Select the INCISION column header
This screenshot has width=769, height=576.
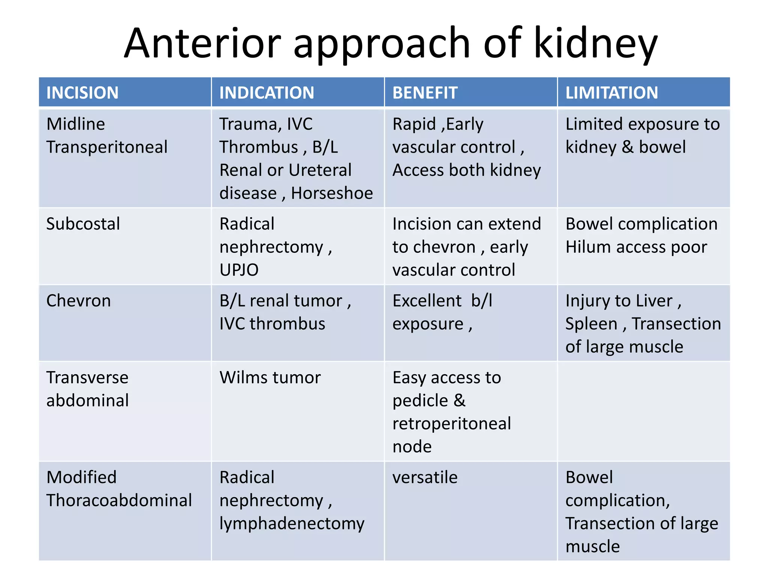click(x=82, y=93)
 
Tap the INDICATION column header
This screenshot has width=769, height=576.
click(x=267, y=93)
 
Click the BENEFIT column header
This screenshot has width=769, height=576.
click(x=425, y=93)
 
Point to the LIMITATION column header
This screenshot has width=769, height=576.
click(x=612, y=93)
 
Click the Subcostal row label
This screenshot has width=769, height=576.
click(x=83, y=224)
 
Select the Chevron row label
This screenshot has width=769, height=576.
click(x=78, y=301)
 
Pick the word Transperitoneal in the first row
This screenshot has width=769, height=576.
click(x=107, y=147)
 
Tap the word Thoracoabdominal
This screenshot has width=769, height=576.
click(x=119, y=500)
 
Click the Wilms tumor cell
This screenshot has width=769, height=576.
click(x=270, y=378)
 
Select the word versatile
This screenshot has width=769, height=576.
click(x=425, y=478)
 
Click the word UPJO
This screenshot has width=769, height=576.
click(x=239, y=270)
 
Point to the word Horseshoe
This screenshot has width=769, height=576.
click(x=332, y=193)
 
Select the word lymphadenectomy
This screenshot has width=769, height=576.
click(x=292, y=523)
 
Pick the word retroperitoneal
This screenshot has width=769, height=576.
click(x=451, y=424)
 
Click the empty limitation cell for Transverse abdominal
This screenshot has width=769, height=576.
click(x=644, y=411)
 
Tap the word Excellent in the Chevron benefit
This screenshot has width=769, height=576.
click(x=427, y=301)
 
